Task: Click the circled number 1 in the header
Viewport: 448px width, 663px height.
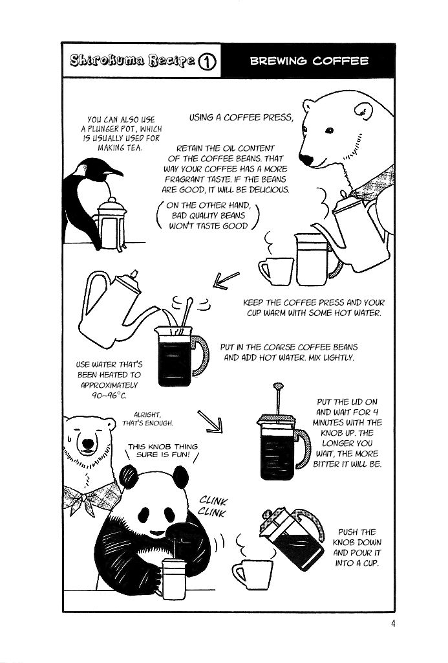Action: pyautogui.click(x=207, y=62)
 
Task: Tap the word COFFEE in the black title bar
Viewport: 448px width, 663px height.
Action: pyautogui.click(x=341, y=61)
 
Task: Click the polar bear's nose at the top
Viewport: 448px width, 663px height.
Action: pyautogui.click(x=306, y=159)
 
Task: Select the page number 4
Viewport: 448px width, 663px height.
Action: pyautogui.click(x=393, y=624)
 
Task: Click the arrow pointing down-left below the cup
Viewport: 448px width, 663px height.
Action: pyautogui.click(x=226, y=280)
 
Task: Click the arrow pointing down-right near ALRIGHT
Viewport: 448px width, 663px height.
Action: pyautogui.click(x=210, y=421)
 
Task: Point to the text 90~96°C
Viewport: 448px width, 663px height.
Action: pyautogui.click(x=109, y=396)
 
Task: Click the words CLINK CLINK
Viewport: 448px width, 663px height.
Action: pyautogui.click(x=213, y=507)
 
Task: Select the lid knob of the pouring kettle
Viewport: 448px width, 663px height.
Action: pyautogui.click(x=134, y=274)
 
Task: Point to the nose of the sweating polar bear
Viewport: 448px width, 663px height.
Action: pyautogui.click(x=88, y=444)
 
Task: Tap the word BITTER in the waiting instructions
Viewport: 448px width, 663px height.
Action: pyautogui.click(x=325, y=464)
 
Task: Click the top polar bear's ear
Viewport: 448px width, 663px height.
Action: pyautogui.click(x=363, y=111)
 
